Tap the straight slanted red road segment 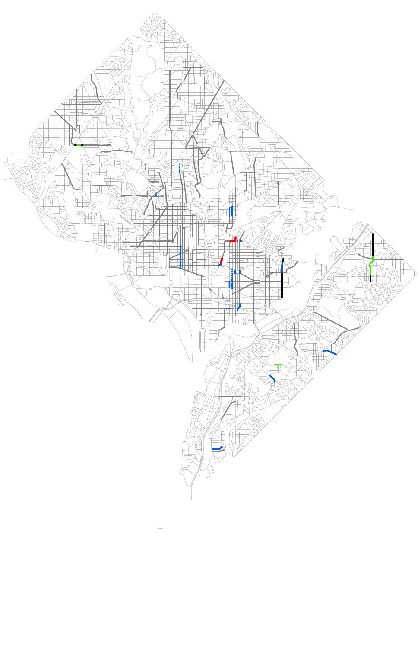click(x=222, y=260)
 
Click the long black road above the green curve click(x=373, y=244)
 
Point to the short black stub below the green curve click(x=370, y=279)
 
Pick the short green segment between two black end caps click(x=79, y=145)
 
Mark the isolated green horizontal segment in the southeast click(x=278, y=365)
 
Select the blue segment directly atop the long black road click(x=282, y=267)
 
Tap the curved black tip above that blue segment click(x=283, y=260)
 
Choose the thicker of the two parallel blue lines click(x=232, y=211)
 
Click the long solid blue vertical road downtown click(x=180, y=257)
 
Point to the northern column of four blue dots click(x=180, y=168)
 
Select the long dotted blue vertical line click(x=232, y=279)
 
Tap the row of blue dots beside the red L click(x=240, y=241)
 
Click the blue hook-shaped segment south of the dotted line click(x=238, y=307)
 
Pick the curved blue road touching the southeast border click(x=330, y=352)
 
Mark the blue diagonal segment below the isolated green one click(x=272, y=378)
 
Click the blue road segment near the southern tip click(x=217, y=448)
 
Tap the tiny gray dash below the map click(x=160, y=528)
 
